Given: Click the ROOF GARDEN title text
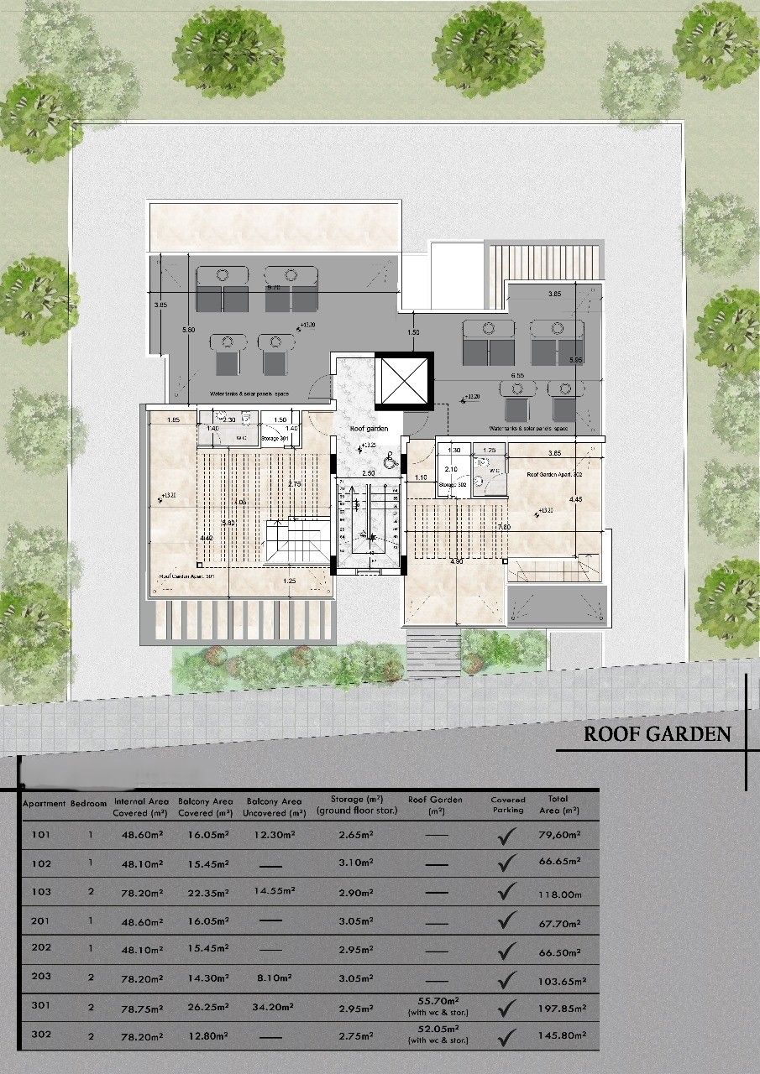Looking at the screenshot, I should pyautogui.click(x=657, y=734).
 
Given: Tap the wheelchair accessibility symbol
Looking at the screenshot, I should pyautogui.click(x=389, y=460).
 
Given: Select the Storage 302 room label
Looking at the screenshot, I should pyautogui.click(x=451, y=484).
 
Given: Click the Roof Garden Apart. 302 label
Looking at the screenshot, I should pyautogui.click(x=554, y=475).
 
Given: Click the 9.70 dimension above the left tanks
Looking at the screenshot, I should pyautogui.click(x=274, y=287).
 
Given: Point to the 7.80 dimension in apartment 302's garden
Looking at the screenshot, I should pyautogui.click(x=503, y=526).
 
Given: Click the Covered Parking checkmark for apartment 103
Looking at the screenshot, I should pyautogui.click(x=506, y=893).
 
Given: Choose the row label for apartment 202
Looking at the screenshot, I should pyautogui.click(x=40, y=949).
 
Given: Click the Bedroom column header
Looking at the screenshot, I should pyautogui.click(x=89, y=803).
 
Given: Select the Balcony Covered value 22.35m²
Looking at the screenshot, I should pyautogui.click(x=204, y=892).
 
